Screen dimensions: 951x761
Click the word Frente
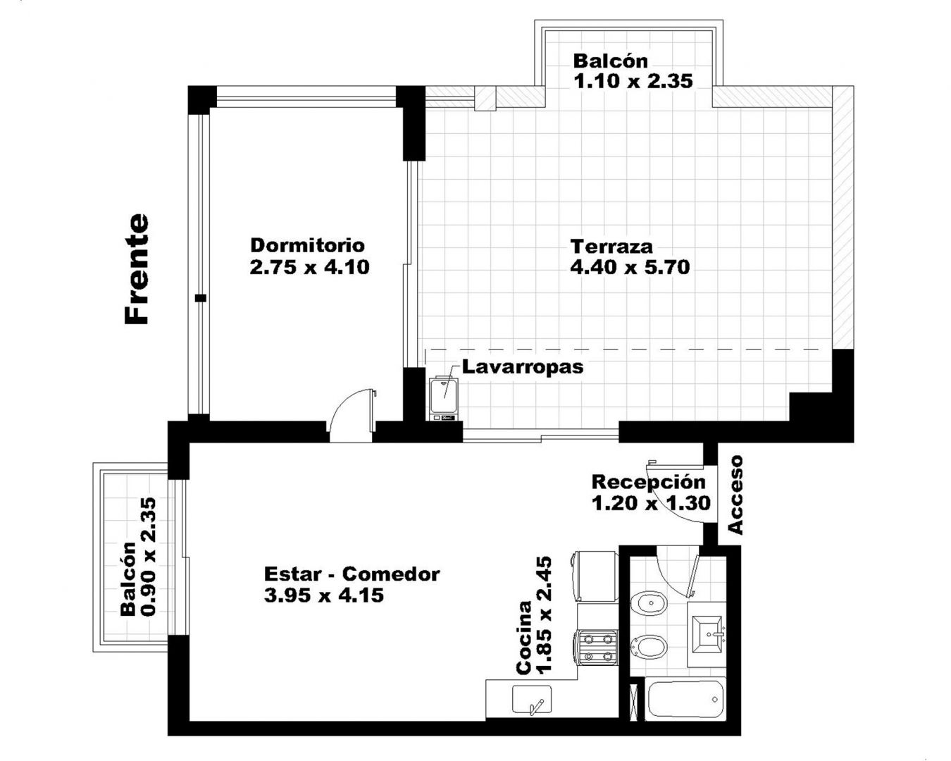click(x=137, y=269)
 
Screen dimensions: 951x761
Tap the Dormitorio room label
click(x=308, y=245)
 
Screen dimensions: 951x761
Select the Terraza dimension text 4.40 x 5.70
click(x=630, y=268)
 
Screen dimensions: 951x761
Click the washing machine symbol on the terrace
click(x=444, y=398)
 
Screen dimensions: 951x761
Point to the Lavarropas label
click(x=523, y=367)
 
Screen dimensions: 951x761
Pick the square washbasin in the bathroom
click(x=707, y=633)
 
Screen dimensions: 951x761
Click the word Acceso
click(x=735, y=495)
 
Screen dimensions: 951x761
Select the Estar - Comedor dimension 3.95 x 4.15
click(x=324, y=595)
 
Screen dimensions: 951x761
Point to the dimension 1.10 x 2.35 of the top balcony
click(x=633, y=81)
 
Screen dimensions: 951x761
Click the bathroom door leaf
click(x=692, y=573)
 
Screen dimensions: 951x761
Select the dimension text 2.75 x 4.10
click(x=309, y=268)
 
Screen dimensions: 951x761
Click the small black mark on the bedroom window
click(x=201, y=298)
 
